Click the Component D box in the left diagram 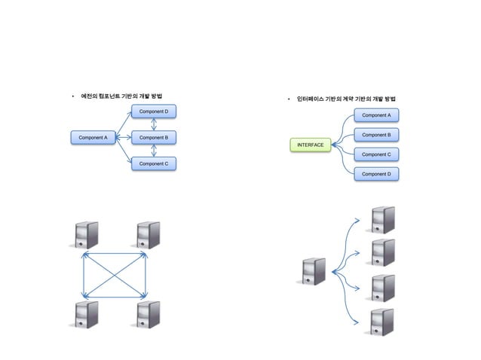click(154, 113)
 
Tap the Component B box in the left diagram click(154, 138)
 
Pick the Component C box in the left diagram click(154, 163)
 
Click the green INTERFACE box click(311, 144)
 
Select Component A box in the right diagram click(376, 115)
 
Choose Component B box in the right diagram click(376, 135)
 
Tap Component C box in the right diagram click(376, 154)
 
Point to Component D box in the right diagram click(376, 174)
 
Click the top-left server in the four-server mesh click(84, 235)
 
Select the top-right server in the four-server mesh click(148, 235)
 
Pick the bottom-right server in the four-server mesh click(148, 314)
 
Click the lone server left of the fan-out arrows click(314, 272)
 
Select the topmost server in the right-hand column click(382, 220)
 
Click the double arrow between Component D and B click(154, 125)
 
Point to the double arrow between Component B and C click(154, 151)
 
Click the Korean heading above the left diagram click(123, 96)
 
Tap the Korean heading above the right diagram click(347, 99)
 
